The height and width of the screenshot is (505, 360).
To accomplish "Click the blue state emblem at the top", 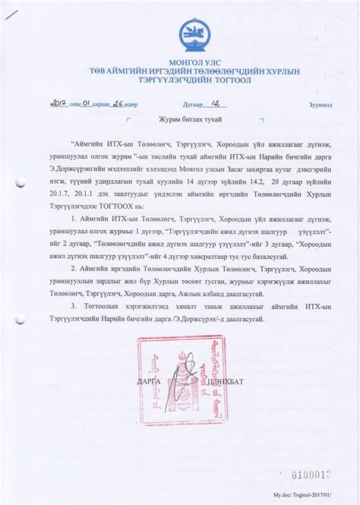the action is click(191, 33).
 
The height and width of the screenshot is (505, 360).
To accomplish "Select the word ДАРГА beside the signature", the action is click(149, 380).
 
